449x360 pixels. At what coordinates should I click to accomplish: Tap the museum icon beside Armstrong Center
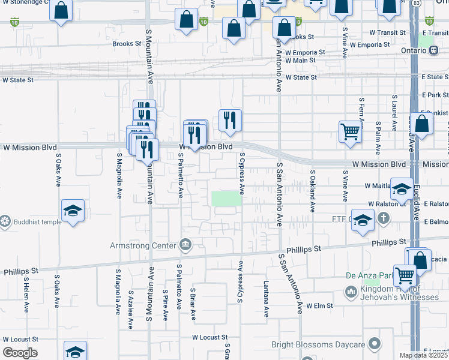(x=185, y=245)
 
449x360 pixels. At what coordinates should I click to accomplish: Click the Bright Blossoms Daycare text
(x=318, y=344)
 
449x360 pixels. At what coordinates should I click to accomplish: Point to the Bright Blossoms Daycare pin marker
(x=375, y=344)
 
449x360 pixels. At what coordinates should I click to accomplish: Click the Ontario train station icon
(x=432, y=51)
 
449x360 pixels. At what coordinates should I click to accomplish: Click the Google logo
(x=20, y=353)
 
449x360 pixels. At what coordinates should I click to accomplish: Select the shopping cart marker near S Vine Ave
(x=350, y=131)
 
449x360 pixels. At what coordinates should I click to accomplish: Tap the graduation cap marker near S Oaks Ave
(x=73, y=211)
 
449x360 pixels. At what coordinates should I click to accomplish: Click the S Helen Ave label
(x=26, y=295)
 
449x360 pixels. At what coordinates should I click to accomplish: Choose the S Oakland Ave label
(x=312, y=191)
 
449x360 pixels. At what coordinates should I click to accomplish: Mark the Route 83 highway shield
(x=417, y=4)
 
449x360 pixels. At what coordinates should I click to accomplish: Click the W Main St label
(x=300, y=60)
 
